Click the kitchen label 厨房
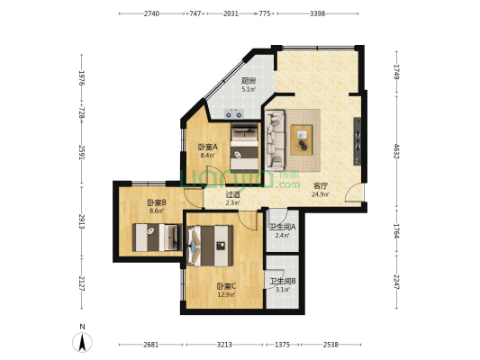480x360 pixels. [x=249, y=81]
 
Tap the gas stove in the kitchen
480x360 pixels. [x=234, y=113]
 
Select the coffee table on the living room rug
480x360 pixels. [x=302, y=140]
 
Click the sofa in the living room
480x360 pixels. [x=276, y=140]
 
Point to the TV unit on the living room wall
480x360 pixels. [x=358, y=141]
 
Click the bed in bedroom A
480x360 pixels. [x=244, y=147]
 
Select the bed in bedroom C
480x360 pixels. [x=211, y=246]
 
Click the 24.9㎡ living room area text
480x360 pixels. [x=321, y=194]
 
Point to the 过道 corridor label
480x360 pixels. [x=232, y=194]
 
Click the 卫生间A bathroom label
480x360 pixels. [x=282, y=227]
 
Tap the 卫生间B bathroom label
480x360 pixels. [x=282, y=281]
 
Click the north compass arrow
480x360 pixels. [x=82, y=342]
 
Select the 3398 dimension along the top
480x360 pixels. [x=318, y=13]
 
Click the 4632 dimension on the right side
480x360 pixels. [x=396, y=151]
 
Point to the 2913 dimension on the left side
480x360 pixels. [x=82, y=221]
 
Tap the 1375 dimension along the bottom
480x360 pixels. [x=282, y=345]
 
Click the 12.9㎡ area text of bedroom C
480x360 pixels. [x=226, y=295]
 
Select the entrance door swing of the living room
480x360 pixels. [x=354, y=193]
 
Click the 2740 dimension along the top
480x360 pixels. [x=151, y=13]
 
